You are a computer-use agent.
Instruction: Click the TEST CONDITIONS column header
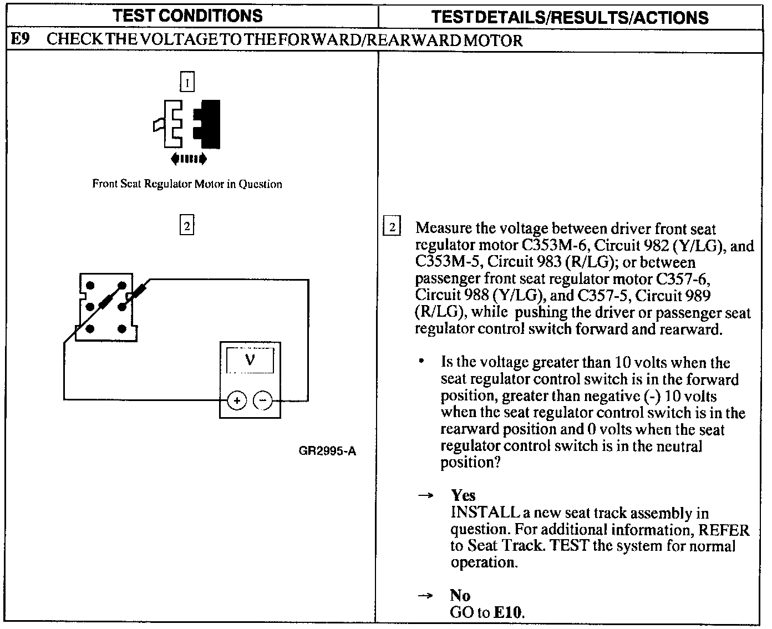point(188,16)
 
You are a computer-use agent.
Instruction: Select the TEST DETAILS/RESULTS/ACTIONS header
point(570,17)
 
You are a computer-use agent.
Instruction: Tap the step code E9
point(21,40)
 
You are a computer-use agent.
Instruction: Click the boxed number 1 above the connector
point(187,83)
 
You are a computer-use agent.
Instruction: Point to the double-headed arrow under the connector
point(189,160)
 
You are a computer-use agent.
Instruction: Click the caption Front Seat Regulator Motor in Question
point(187,184)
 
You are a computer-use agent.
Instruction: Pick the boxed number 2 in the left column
point(187,226)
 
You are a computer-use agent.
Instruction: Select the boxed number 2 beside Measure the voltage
point(392,227)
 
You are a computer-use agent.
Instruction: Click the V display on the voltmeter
point(250,361)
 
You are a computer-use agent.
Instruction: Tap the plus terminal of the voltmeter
point(237,400)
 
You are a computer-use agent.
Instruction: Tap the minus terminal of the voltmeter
point(263,400)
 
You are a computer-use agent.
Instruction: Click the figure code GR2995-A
point(327,451)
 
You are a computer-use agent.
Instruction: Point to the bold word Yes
point(463,495)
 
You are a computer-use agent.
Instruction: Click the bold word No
point(460,596)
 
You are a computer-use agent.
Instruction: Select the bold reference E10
point(508,612)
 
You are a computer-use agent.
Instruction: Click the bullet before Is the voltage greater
point(422,362)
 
